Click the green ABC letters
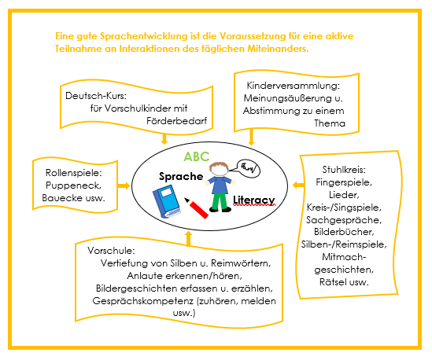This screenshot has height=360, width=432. [x=197, y=156]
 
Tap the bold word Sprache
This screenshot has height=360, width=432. [x=181, y=176]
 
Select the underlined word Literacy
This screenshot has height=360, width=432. [x=254, y=200]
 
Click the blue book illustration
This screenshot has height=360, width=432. [x=166, y=201]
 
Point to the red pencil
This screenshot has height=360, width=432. [x=197, y=208]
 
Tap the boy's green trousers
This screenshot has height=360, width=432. [x=220, y=202]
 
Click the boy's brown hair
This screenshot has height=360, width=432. [x=219, y=167]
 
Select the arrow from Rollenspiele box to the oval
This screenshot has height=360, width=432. [x=124, y=186]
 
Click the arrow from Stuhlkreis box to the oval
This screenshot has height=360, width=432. [x=298, y=185]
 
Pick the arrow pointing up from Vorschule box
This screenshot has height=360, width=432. [x=188, y=238]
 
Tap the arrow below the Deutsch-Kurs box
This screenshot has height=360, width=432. [x=164, y=138]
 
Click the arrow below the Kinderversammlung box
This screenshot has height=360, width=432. [x=251, y=137]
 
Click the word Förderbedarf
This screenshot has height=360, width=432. [x=176, y=121]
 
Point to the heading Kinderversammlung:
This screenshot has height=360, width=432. [x=294, y=86]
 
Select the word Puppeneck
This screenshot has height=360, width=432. [x=73, y=186]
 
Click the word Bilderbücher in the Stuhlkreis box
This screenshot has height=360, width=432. [x=344, y=232]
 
